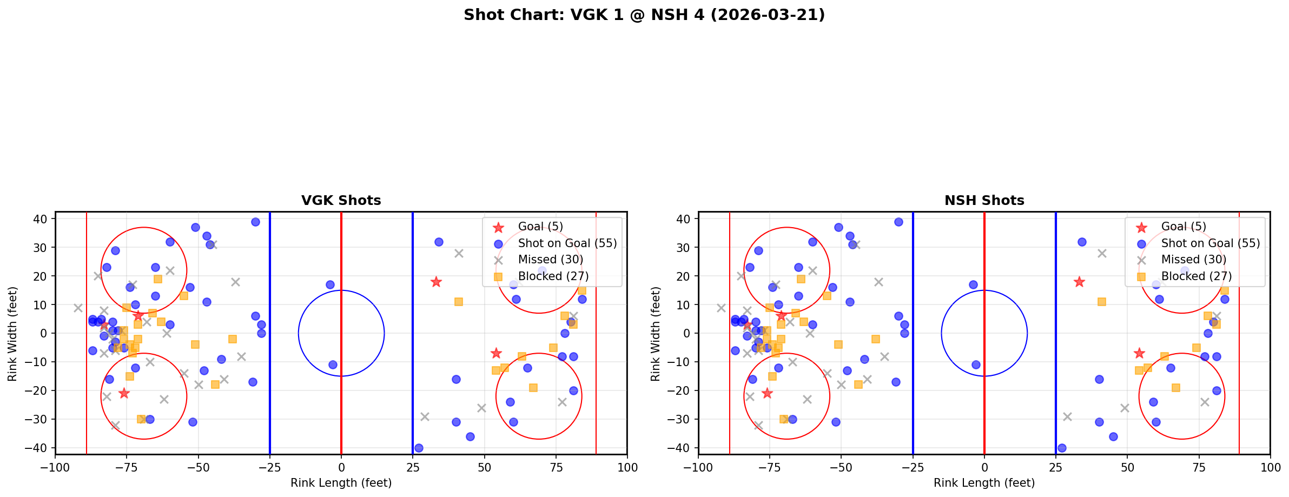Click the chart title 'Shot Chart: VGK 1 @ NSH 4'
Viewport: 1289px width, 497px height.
[x=644, y=15]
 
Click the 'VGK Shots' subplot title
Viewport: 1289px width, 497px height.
[x=341, y=201]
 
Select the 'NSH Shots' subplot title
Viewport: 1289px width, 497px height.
[x=984, y=201]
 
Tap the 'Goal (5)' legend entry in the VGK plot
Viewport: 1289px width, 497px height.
[x=540, y=227]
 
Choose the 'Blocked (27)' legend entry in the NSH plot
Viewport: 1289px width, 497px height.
[x=1197, y=276]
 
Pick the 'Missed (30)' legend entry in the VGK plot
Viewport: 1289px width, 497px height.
[x=550, y=260]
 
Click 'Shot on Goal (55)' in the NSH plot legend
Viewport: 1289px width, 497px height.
[x=1211, y=243]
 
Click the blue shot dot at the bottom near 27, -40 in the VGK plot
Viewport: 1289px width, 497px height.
[x=419, y=448]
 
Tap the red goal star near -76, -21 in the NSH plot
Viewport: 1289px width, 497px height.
[x=767, y=393]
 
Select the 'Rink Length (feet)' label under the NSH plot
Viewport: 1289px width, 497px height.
[x=984, y=483]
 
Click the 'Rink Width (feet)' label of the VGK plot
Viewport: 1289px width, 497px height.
[x=12, y=333]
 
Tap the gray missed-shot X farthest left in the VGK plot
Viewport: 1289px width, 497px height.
[x=78, y=308]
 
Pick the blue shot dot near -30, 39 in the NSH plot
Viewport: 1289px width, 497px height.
[x=898, y=222]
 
